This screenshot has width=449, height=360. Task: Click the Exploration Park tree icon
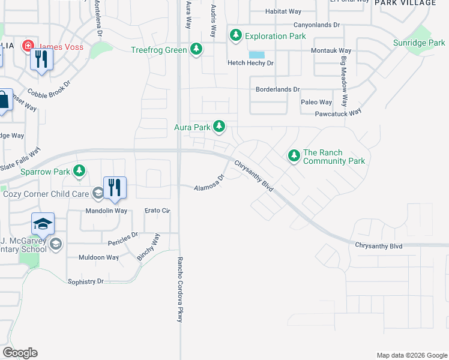(236, 36)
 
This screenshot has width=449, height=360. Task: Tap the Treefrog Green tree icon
(196, 50)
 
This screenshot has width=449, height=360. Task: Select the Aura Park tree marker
(220, 127)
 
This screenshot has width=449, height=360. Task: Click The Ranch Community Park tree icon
(294, 156)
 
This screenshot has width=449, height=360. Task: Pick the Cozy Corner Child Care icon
(98, 193)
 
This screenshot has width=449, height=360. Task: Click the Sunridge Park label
(419, 43)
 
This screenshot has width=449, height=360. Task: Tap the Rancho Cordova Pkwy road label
(179, 290)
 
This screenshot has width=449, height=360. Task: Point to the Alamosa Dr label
(209, 184)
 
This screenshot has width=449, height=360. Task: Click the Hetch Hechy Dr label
(250, 63)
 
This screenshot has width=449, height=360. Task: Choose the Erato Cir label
(158, 211)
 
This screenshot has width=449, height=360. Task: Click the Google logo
(20, 353)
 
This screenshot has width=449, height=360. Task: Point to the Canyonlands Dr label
(316, 25)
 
